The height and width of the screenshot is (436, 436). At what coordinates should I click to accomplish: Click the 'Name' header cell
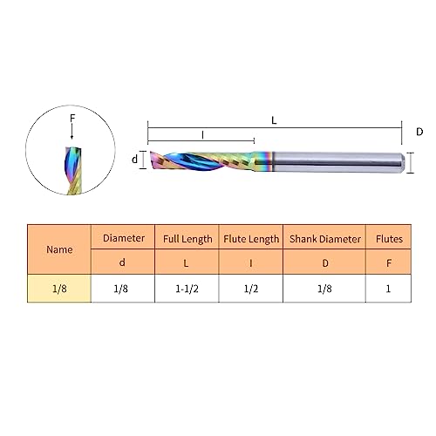click(59, 249)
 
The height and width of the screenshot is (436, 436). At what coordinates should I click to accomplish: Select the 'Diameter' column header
click(123, 238)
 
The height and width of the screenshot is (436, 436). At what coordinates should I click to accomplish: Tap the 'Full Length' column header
click(187, 239)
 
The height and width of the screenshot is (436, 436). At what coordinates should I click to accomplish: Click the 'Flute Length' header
click(251, 239)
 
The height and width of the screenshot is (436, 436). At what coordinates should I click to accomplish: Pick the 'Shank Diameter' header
click(324, 239)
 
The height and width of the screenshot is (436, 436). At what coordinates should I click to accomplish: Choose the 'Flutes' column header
click(389, 239)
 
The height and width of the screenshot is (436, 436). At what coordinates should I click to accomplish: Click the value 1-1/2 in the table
click(187, 289)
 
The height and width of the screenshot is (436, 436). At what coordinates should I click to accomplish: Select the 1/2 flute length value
click(251, 289)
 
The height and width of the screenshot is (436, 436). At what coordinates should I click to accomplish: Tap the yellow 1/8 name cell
click(59, 289)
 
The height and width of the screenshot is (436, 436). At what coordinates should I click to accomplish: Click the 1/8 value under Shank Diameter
click(324, 289)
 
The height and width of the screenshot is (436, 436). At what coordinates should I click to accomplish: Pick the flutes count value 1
click(388, 289)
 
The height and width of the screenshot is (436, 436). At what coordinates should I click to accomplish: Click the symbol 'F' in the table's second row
click(389, 263)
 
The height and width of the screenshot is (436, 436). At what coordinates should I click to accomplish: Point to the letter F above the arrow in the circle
click(72, 118)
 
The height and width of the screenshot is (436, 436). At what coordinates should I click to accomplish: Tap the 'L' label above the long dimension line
click(274, 120)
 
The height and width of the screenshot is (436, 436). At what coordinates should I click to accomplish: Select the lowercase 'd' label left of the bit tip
click(134, 159)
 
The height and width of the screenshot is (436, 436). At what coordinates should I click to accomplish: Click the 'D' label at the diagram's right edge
click(419, 132)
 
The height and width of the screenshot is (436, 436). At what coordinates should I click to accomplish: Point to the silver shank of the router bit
click(337, 162)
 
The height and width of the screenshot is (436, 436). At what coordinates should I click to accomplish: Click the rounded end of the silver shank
click(403, 163)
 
